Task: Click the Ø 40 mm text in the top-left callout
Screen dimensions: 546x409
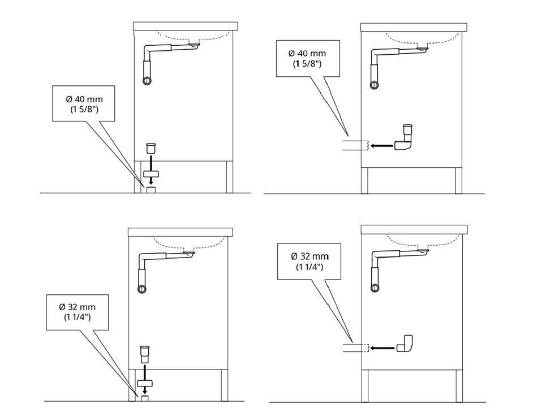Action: (84, 99)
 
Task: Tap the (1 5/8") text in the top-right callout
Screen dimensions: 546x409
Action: (307, 64)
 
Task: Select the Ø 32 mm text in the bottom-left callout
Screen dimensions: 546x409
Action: (77, 307)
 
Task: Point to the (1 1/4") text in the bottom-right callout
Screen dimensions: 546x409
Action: (309, 267)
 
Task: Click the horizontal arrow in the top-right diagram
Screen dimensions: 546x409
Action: (382, 146)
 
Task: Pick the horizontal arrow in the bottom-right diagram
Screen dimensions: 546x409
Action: (382, 348)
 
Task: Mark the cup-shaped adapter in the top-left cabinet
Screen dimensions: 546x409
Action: (151, 148)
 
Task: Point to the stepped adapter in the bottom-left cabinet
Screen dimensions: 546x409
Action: (144, 354)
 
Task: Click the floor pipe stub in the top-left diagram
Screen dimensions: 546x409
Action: (151, 190)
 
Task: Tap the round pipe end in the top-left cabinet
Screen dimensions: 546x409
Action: (147, 81)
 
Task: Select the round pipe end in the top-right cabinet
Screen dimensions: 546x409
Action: (375, 85)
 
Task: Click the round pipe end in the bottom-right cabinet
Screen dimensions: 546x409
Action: (375, 288)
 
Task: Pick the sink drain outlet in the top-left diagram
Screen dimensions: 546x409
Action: (194, 45)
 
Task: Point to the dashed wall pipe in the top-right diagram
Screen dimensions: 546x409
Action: (355, 146)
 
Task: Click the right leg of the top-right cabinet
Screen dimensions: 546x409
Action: (459, 181)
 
